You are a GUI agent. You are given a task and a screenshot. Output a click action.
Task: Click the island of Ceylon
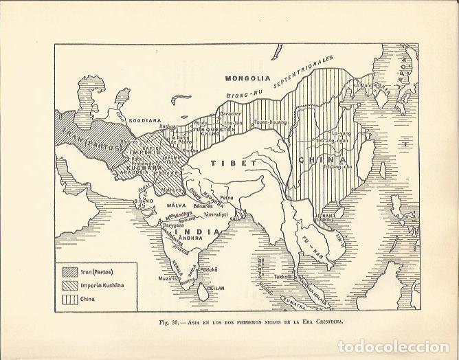click(x=203, y=291)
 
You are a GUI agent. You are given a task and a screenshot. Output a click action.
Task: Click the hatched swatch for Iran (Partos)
click(x=69, y=271)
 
